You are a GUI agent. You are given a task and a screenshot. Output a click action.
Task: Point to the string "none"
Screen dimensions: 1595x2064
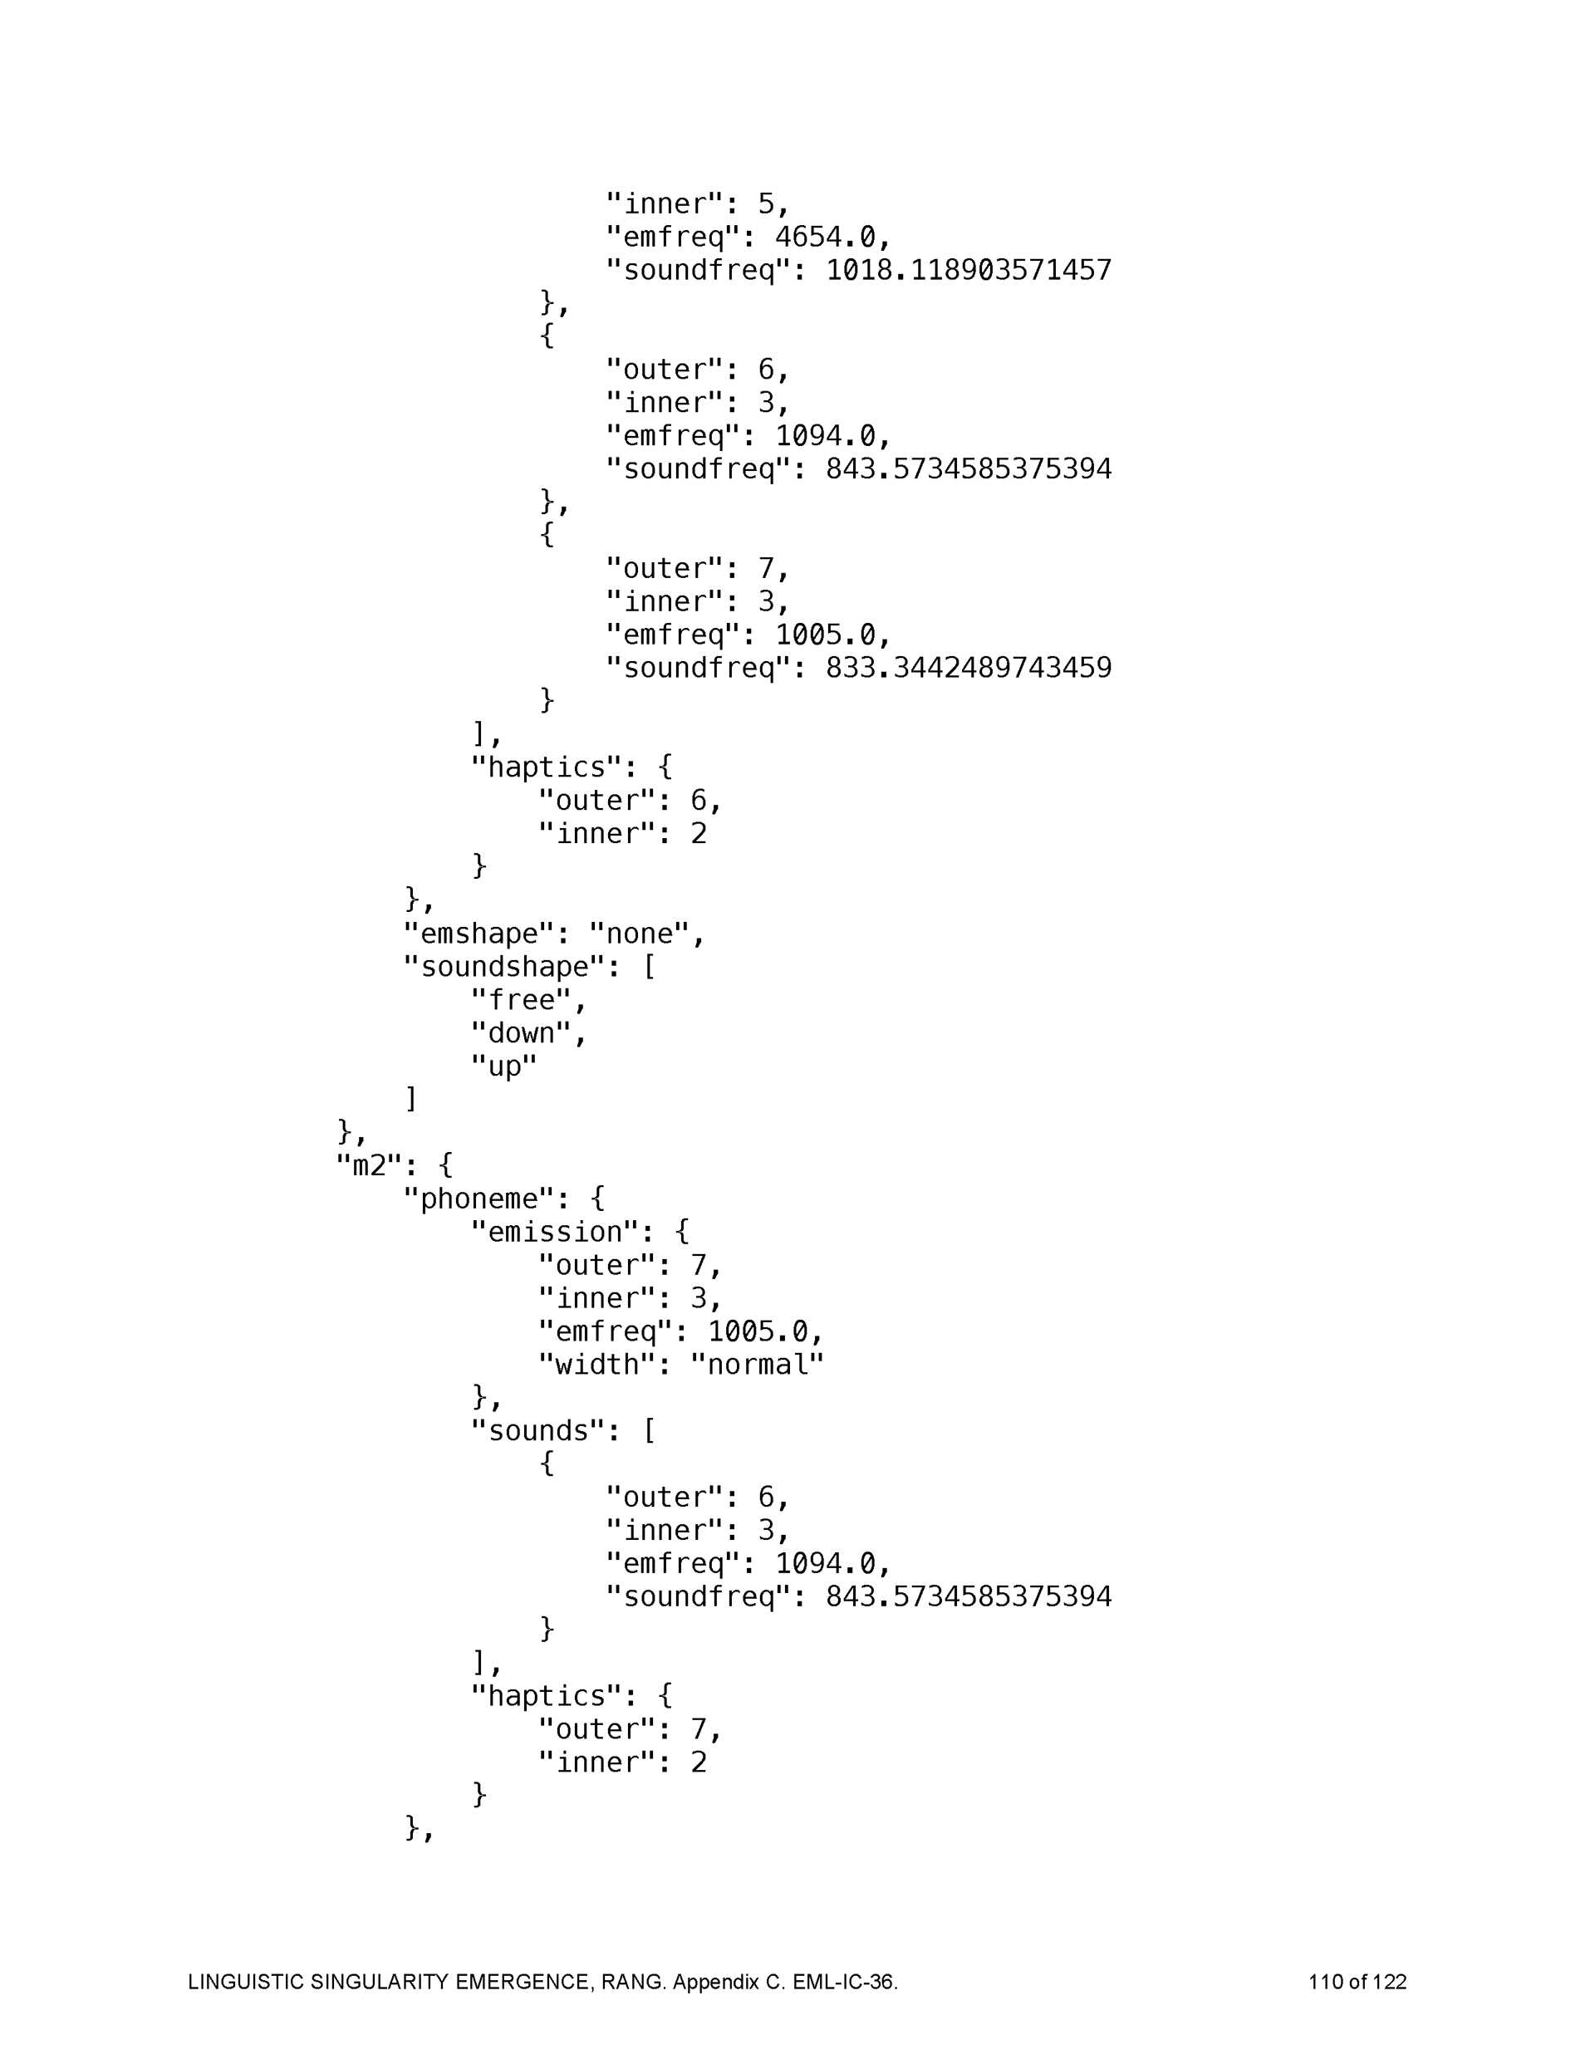pyautogui.click(x=638, y=934)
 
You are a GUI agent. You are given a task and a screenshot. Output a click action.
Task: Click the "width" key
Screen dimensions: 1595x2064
pyautogui.click(x=596, y=1365)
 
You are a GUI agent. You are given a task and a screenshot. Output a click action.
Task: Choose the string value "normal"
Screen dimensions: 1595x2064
pyautogui.click(x=756, y=1365)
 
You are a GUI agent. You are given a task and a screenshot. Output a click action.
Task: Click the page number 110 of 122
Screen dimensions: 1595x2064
pyautogui.click(x=1357, y=1982)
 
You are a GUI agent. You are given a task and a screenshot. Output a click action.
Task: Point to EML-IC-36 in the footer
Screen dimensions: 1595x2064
pyautogui.click(x=843, y=1982)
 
